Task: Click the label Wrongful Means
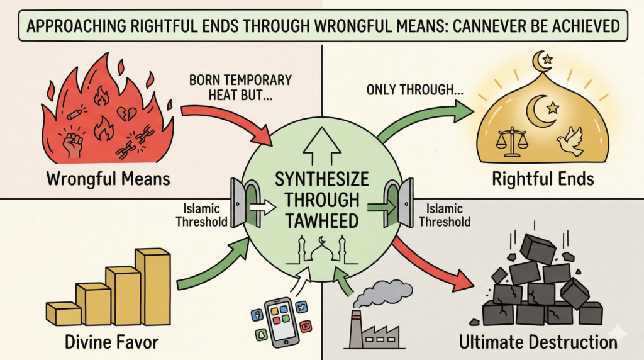[x=109, y=179]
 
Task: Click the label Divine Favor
[x=111, y=342]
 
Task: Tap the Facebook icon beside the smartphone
[x=257, y=315]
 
